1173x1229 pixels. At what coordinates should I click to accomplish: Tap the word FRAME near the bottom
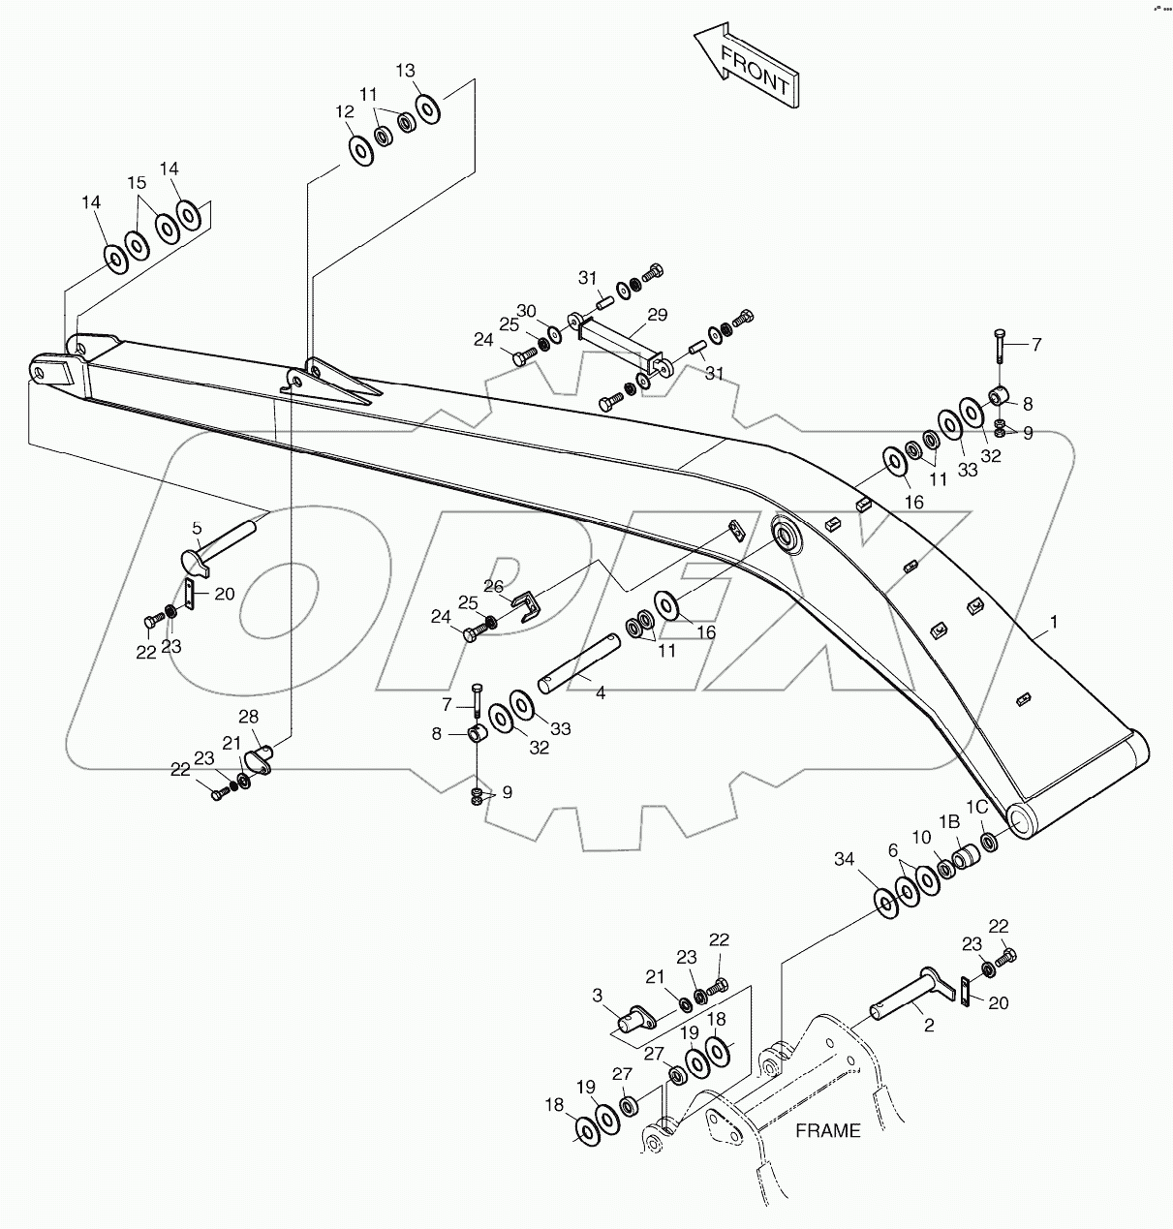point(827,1130)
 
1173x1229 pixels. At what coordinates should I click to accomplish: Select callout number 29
point(658,315)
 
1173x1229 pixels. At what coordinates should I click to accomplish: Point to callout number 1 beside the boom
point(1054,621)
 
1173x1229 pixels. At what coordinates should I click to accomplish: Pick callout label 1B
point(948,821)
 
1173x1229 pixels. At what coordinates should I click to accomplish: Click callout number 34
point(845,858)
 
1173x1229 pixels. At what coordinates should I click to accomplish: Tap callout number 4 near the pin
point(601,693)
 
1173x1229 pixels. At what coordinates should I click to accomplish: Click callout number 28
point(249,716)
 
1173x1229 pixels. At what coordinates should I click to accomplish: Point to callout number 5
point(197,528)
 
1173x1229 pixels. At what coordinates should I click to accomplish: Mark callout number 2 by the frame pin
point(929,1026)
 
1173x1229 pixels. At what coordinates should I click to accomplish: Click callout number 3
point(598,995)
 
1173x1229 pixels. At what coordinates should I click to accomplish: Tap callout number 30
point(525,310)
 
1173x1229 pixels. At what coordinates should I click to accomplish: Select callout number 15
point(137,182)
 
